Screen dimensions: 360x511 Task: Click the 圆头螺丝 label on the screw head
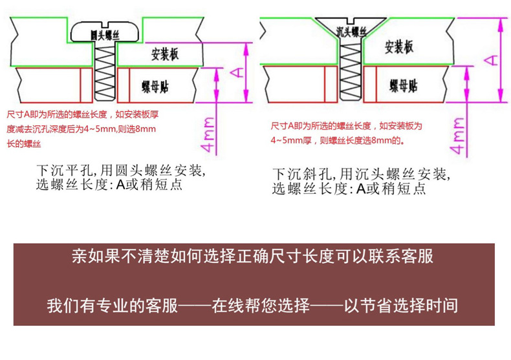(103, 33)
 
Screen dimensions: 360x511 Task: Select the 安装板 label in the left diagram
(164, 54)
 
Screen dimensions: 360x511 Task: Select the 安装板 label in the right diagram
(398, 47)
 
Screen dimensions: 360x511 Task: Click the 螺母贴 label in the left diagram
(158, 86)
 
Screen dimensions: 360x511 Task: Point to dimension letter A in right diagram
(491, 59)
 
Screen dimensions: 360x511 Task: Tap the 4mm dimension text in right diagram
(458, 136)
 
